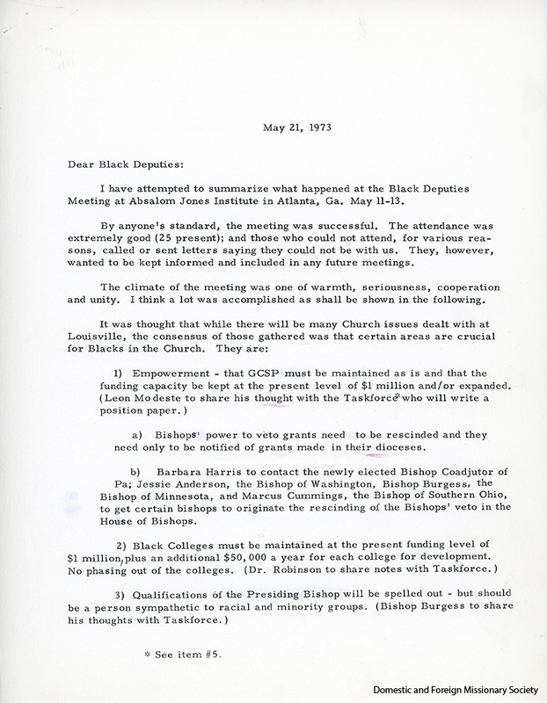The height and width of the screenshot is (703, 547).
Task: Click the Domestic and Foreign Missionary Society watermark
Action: coord(452,691)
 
